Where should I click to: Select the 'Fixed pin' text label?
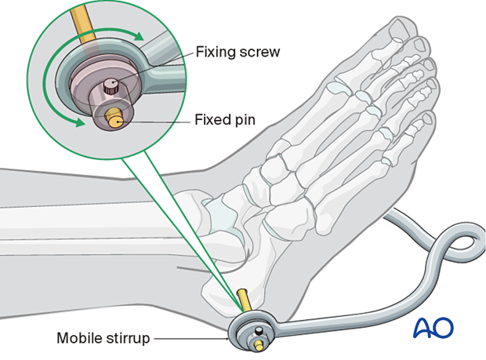point(226,122)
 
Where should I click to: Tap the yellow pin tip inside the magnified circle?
point(116,121)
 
